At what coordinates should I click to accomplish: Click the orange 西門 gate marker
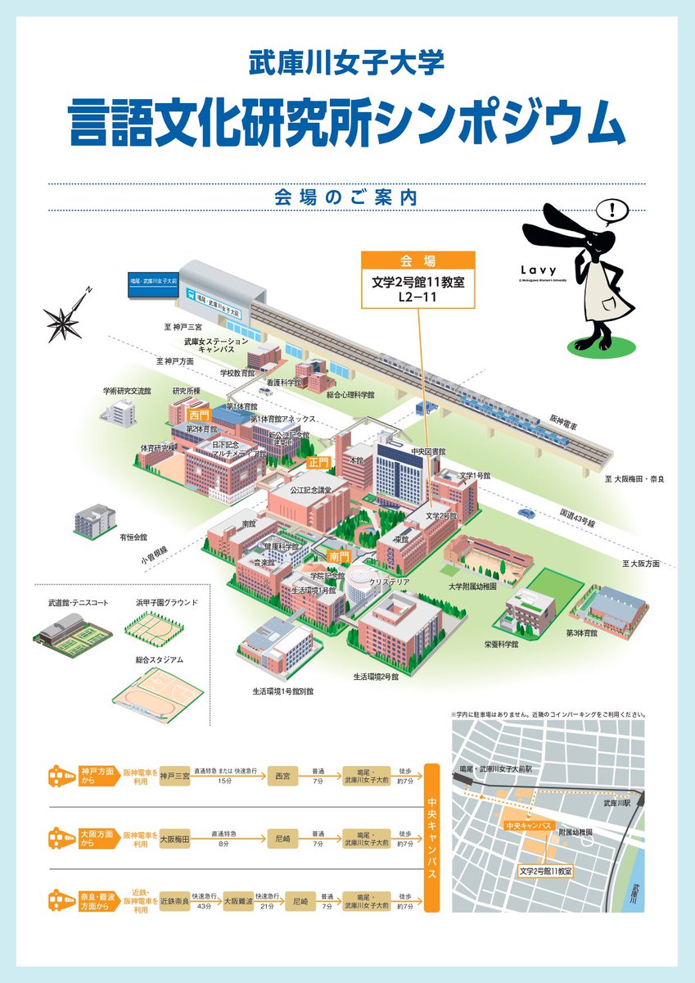(x=200, y=415)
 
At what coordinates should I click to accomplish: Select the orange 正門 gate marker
(x=318, y=462)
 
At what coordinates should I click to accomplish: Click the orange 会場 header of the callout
(x=417, y=261)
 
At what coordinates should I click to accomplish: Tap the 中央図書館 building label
(x=428, y=451)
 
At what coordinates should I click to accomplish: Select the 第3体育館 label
(x=582, y=632)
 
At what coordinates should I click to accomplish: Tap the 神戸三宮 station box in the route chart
(x=175, y=775)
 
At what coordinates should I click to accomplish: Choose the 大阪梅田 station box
(x=175, y=839)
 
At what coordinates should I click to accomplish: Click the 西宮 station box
(x=283, y=775)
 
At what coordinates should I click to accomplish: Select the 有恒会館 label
(x=133, y=537)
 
